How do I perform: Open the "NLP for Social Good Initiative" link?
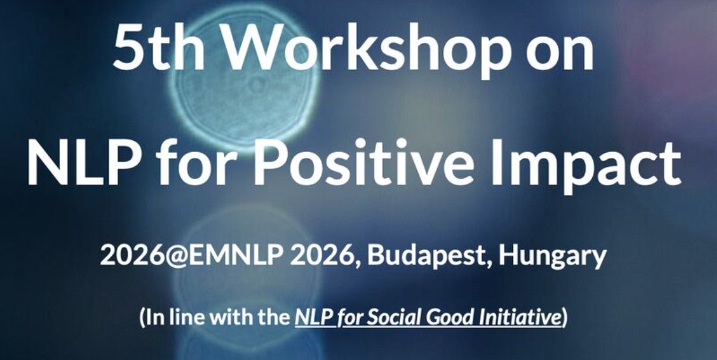tap(427, 318)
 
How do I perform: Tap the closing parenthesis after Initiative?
tap(564, 318)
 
